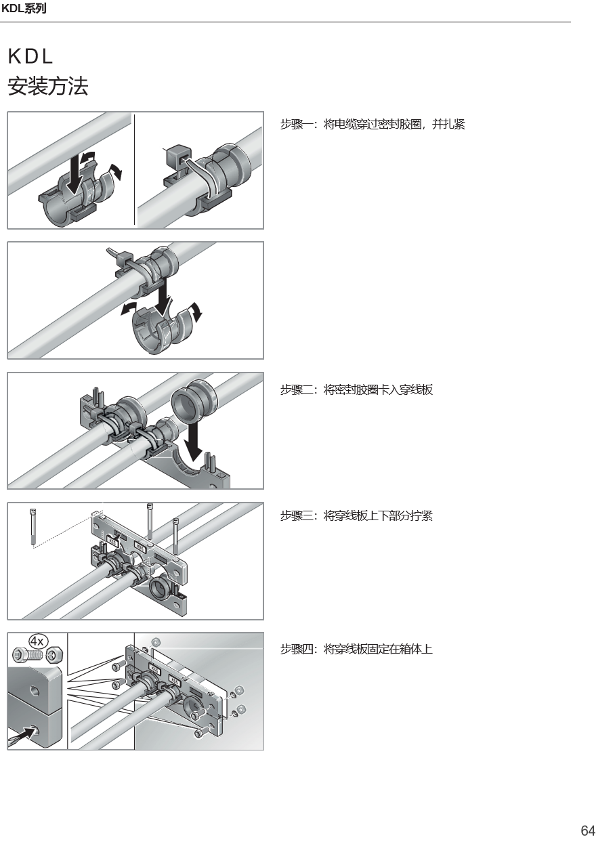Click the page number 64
(588, 830)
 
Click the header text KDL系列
(24, 8)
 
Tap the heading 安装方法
(48, 86)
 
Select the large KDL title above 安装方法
(30, 57)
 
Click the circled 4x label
(37, 641)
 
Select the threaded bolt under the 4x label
(26, 654)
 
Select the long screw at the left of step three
(33, 527)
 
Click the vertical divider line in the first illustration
(134, 169)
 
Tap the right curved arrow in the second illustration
(196, 311)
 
